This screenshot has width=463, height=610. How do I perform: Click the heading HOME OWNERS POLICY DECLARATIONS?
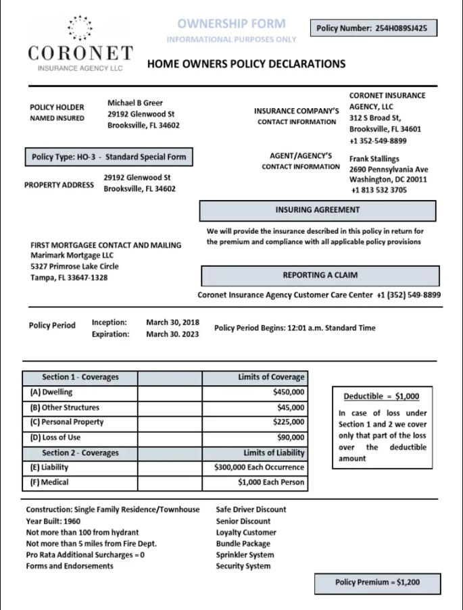point(246,64)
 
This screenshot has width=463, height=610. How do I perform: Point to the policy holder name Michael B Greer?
point(135,103)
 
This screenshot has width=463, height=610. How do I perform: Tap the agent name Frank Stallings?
point(374,159)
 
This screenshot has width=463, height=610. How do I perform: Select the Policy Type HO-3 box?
point(109,157)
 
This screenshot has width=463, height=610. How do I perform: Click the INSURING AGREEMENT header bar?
point(318,210)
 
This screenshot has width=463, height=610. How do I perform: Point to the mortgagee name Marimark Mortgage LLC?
point(72,255)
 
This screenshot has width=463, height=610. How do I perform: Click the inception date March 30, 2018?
point(172,322)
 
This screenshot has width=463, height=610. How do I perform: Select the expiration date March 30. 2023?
point(172,334)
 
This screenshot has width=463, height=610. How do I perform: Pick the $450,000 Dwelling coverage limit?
point(289,392)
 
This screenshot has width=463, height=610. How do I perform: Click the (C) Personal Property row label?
point(67,422)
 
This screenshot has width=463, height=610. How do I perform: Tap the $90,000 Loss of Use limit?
point(291,438)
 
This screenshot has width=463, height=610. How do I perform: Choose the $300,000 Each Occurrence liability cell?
point(259,467)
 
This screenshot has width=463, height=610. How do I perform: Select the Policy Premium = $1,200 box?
point(377,582)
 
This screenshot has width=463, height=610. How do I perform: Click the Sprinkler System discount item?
point(245,555)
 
